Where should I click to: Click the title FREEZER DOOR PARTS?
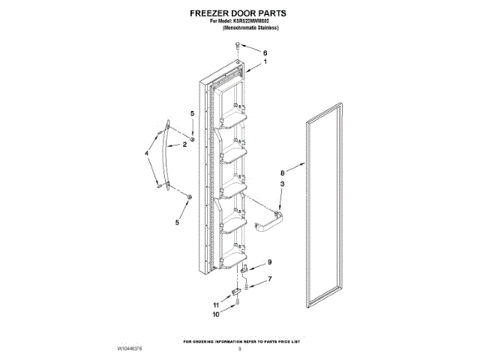point(239,13)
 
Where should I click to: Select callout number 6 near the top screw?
point(265,52)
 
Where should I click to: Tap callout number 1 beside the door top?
point(264,64)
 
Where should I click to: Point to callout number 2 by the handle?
point(184,144)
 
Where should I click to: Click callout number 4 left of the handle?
point(147,154)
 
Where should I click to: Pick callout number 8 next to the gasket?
point(283,171)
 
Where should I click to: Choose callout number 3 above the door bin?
point(282,184)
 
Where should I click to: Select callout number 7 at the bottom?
point(270,280)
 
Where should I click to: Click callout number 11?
point(215,306)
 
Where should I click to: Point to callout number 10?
point(215,316)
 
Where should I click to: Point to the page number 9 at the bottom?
point(239,349)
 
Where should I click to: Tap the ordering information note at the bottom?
point(239,339)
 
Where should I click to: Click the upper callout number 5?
point(192,112)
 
